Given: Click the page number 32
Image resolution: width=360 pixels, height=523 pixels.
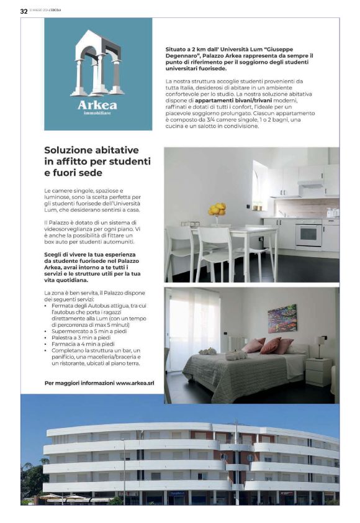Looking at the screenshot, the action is [x=24, y=11].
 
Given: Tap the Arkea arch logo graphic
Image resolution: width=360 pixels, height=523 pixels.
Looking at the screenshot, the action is [x=98, y=63].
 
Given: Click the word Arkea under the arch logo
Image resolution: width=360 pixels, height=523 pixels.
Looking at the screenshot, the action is [x=97, y=105].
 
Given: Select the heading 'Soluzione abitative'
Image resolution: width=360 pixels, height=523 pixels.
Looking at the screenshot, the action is [x=91, y=150].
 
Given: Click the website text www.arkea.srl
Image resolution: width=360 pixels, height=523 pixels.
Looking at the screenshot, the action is [x=135, y=383].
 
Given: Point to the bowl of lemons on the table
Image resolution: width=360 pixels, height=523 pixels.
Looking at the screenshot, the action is [x=217, y=210].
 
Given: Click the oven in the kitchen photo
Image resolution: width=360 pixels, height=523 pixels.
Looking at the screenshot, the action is [x=308, y=234].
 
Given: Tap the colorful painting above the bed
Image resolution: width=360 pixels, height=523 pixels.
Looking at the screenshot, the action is [x=282, y=318].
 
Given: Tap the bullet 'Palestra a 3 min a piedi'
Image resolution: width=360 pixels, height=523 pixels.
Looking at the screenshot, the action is [x=85, y=338].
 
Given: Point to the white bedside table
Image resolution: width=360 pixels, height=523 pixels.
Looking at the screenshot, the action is [x=318, y=371].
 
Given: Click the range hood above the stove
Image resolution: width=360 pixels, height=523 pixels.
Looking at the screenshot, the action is [x=310, y=184].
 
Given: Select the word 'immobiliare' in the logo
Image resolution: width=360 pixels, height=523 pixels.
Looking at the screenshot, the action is [x=97, y=114].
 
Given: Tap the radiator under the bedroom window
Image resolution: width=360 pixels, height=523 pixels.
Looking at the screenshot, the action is [x=235, y=342].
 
